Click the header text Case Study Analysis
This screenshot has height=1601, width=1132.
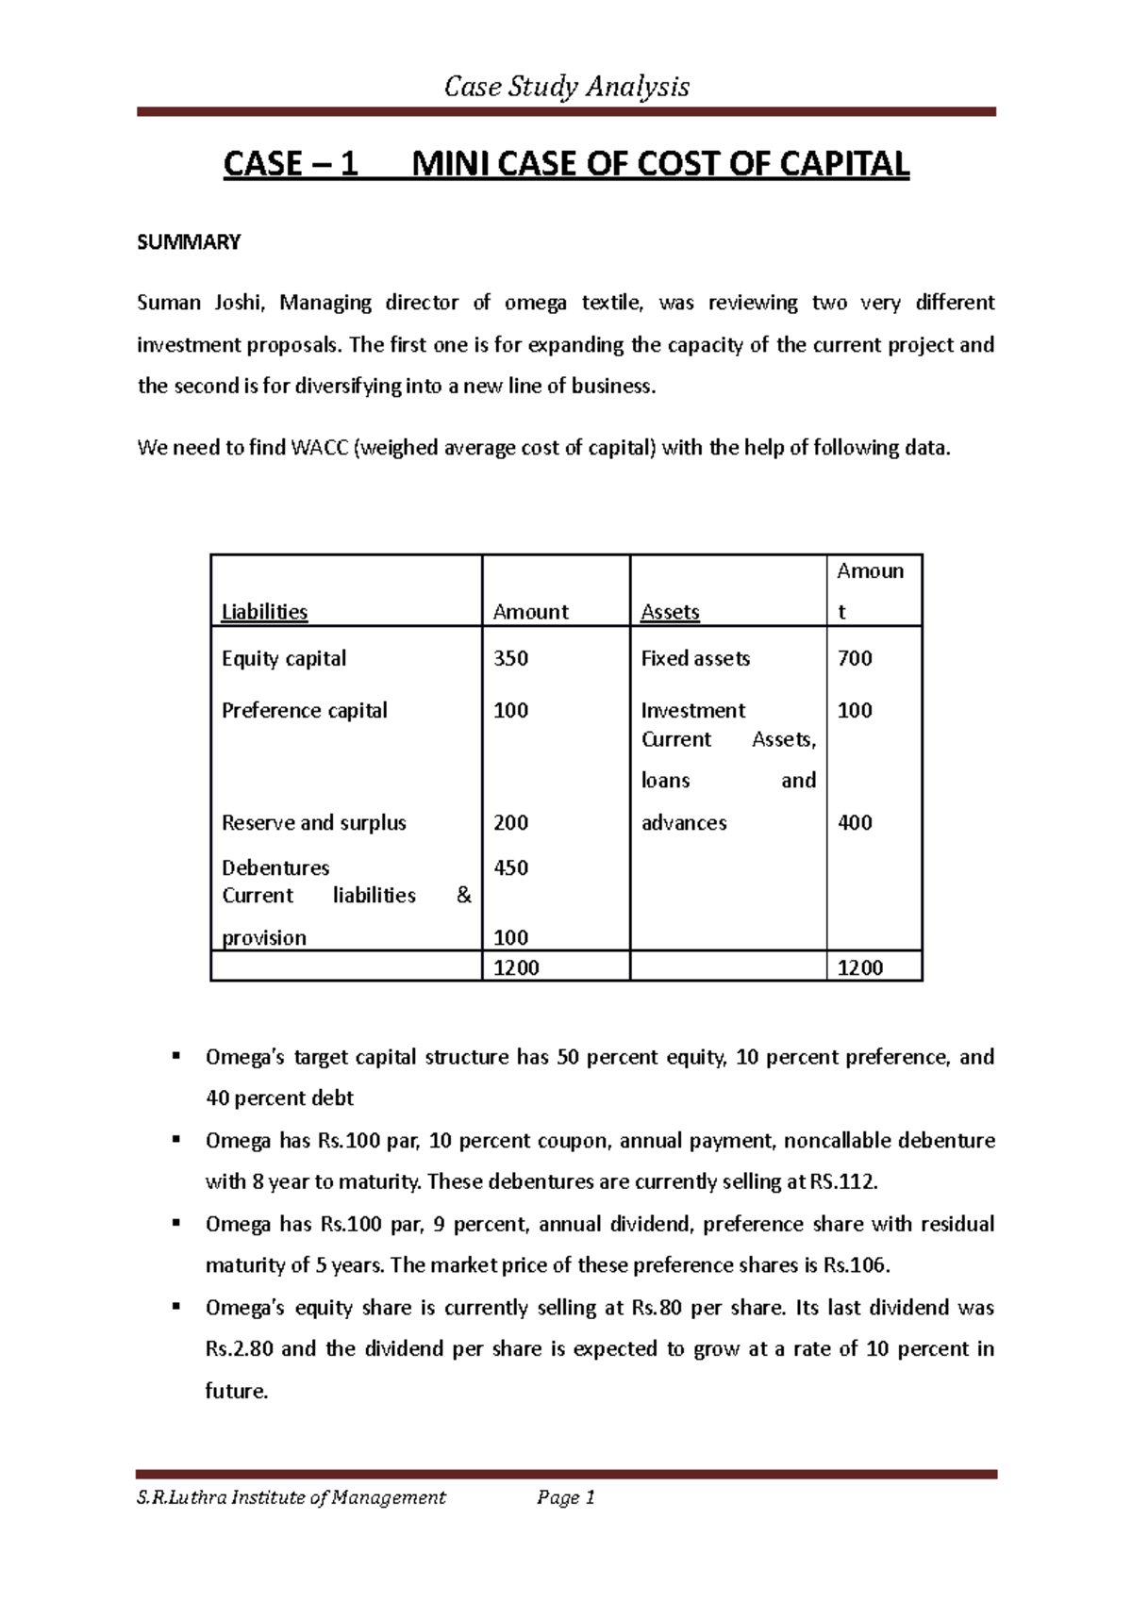[x=566, y=88]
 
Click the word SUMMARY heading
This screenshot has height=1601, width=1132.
[x=189, y=243]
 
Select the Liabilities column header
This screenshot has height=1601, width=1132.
[x=264, y=612]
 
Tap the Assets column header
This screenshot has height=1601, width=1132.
[x=670, y=612]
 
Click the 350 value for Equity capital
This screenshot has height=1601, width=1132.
[x=510, y=658]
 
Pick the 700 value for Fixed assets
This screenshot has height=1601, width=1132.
[x=855, y=658]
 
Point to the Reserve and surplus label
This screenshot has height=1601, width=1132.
[x=313, y=822]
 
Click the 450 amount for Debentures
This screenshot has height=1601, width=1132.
[x=510, y=867]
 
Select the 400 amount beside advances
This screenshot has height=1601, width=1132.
[x=855, y=822]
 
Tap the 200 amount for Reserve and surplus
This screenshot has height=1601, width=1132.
[x=510, y=822]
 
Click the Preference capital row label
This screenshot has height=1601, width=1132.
[x=304, y=710]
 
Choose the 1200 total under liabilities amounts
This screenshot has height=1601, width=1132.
[x=516, y=967]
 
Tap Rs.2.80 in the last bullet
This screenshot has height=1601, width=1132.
[x=239, y=1349]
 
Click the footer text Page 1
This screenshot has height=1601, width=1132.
[x=566, y=1497]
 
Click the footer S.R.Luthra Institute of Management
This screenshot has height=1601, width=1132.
[x=291, y=1497]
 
